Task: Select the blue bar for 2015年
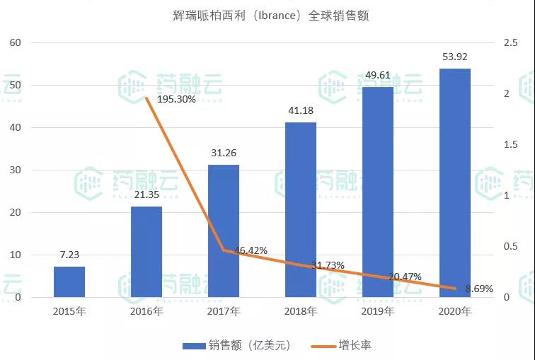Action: (69, 281)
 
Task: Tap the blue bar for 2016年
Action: (146, 252)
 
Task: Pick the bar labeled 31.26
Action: (224, 231)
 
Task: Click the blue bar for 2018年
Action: (301, 209)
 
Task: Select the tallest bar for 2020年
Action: (455, 182)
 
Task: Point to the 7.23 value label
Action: (69, 255)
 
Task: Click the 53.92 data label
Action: (454, 57)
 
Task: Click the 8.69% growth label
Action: (479, 289)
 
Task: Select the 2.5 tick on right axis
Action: (510, 43)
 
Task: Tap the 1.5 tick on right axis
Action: (510, 145)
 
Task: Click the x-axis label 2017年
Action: (224, 311)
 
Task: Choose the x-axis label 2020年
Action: (454, 311)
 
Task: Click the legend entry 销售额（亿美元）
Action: (236, 345)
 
